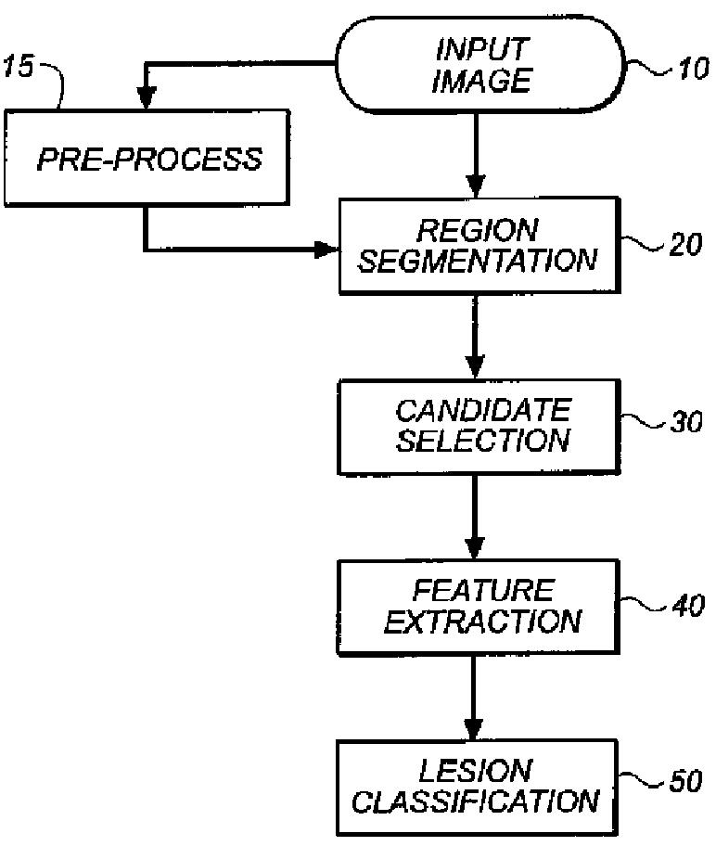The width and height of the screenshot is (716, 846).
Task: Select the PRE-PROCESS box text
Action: click(148, 159)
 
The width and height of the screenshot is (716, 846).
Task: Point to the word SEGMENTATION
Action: click(478, 261)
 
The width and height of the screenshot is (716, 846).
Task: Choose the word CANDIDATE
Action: click(482, 409)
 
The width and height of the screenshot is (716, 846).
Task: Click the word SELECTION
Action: click(482, 440)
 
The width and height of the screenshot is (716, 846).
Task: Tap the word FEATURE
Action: click(482, 590)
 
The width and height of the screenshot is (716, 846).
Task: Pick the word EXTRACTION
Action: click(482, 621)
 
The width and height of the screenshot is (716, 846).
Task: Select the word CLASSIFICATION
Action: click(475, 801)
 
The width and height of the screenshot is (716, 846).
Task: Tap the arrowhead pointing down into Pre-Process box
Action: click(145, 98)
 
